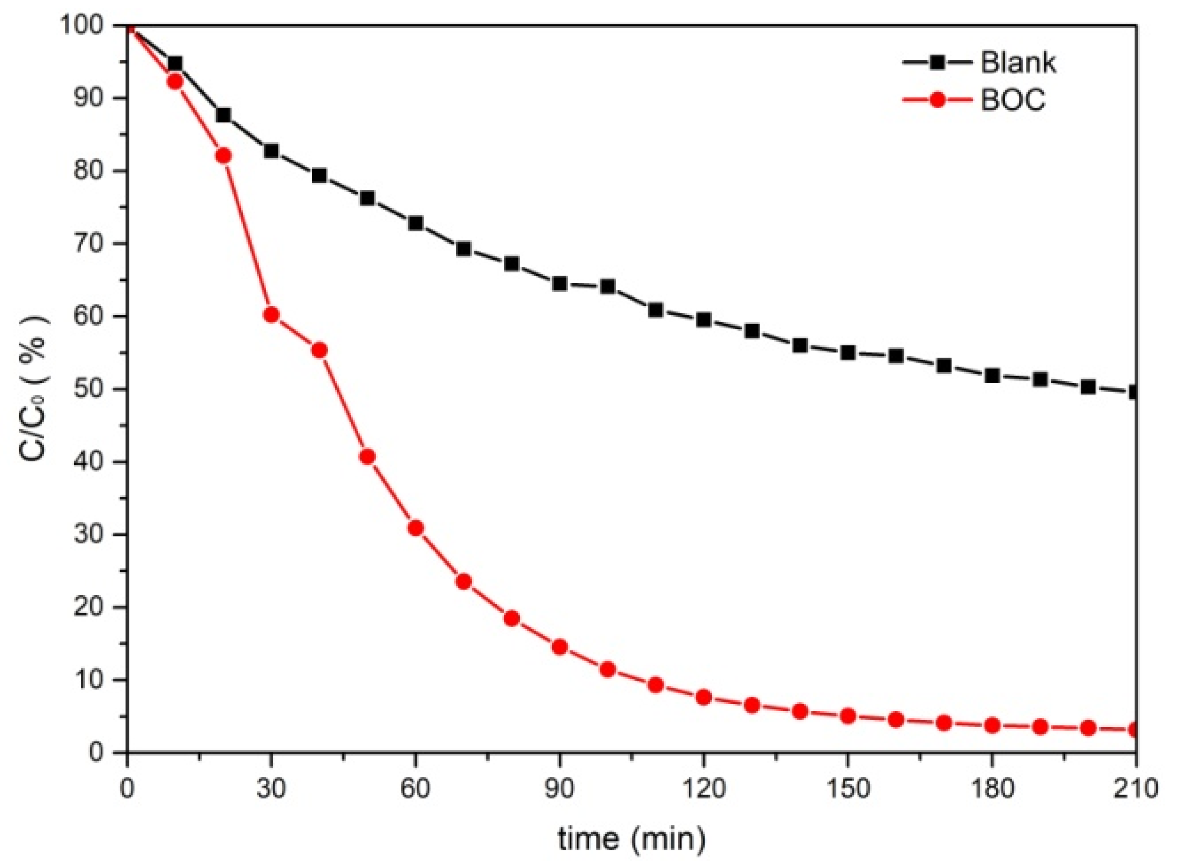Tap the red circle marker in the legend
click(937, 99)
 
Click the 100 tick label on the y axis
click(86, 26)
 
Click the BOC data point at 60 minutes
click(415, 528)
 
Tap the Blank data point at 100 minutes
click(608, 286)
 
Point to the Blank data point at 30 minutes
click(271, 151)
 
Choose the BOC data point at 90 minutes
click(560, 647)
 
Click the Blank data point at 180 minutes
click(992, 375)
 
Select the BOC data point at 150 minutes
click(848, 716)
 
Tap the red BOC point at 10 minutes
click(175, 81)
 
